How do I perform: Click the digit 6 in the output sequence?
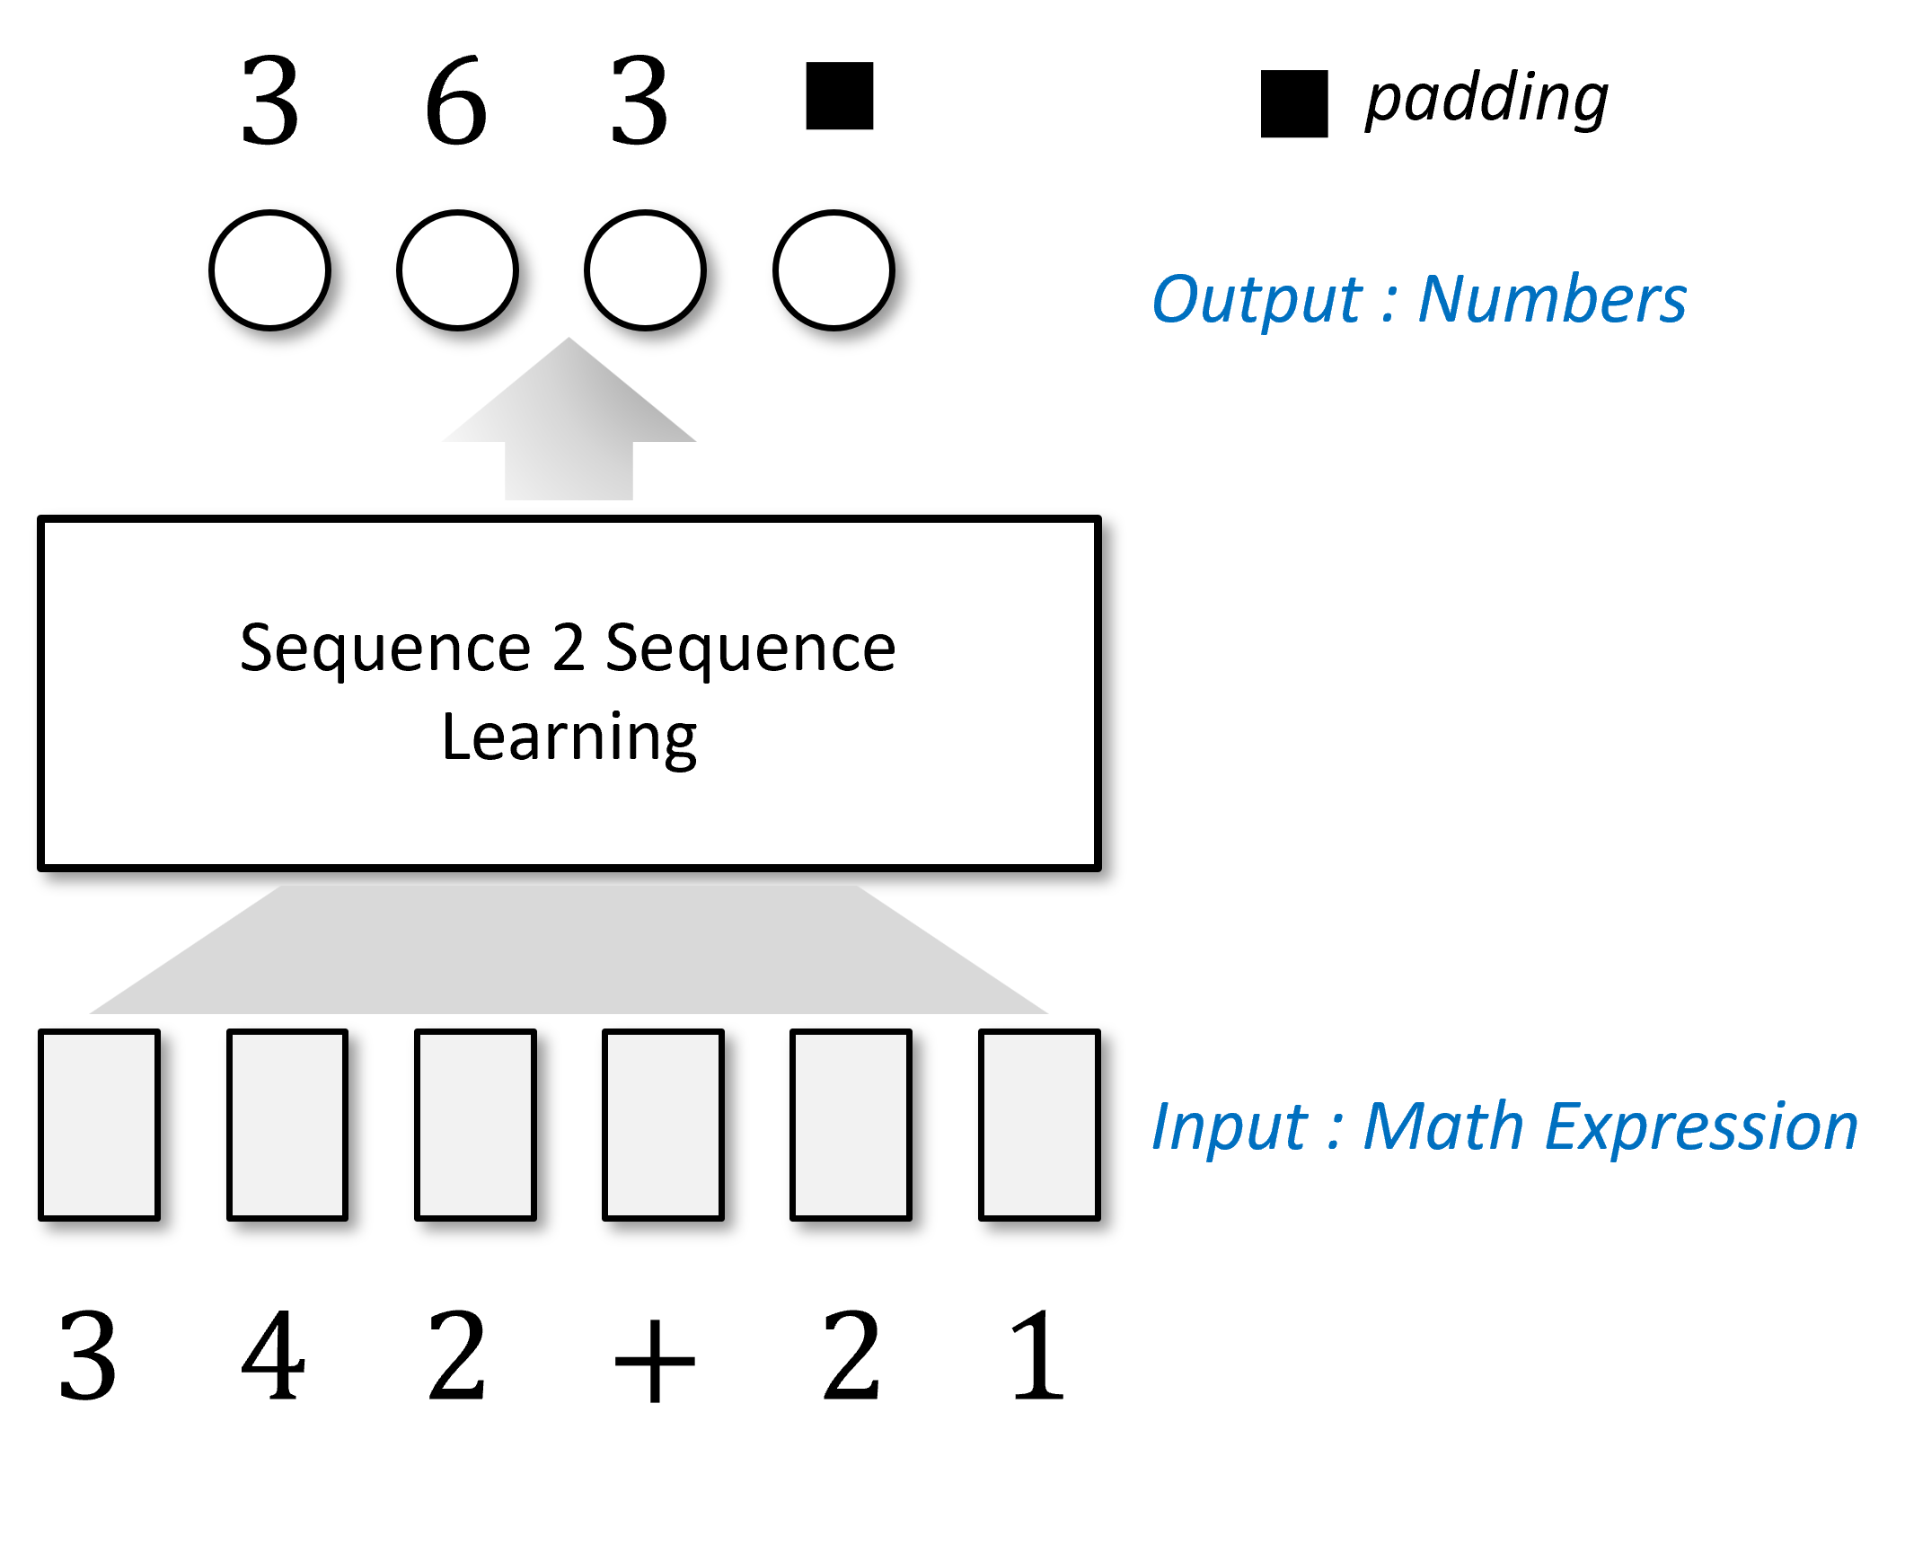coord(456,101)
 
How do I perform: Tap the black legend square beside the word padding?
coord(1294,103)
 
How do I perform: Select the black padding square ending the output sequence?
coord(840,96)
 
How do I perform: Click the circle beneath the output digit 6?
coord(457,270)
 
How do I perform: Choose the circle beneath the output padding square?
coord(833,270)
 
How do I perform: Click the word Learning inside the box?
coord(569,737)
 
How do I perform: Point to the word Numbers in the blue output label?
coord(1552,298)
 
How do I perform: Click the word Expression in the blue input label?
coord(1701,1126)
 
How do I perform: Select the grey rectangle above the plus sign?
coord(663,1125)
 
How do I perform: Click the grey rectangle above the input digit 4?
coord(287,1125)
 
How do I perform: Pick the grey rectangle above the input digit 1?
coord(1039,1125)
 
